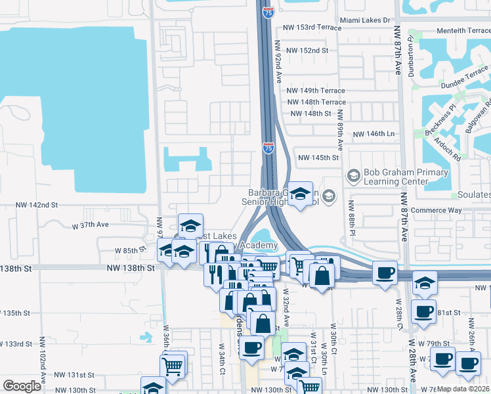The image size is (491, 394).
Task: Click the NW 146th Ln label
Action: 376,134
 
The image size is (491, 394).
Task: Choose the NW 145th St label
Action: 318,158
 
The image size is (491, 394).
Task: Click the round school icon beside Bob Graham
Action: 354,175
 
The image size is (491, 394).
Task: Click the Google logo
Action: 22,386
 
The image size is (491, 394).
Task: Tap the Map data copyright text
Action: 463,389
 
